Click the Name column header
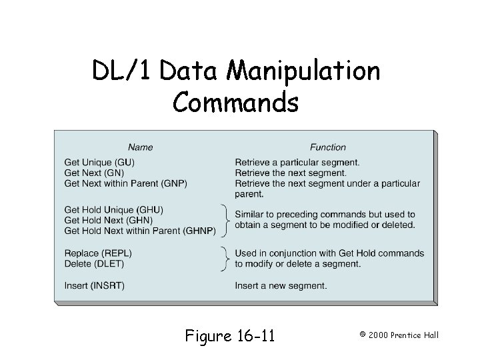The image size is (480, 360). tap(140, 147)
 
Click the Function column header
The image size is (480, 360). tap(327, 147)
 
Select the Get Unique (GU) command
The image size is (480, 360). tap(99, 162)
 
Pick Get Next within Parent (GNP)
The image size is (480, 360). tap(125, 183)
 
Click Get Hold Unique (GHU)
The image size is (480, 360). tap(113, 209)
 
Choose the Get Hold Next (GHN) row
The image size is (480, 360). tap(109, 220)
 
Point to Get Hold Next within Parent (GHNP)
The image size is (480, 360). tap(139, 231)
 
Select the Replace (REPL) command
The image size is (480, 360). tap(97, 253)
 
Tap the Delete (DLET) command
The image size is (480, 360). tap(94, 263)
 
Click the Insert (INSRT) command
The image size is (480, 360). tap(94, 286)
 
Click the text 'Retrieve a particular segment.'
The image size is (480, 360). tap(297, 162)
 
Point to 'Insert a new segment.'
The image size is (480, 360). tap(281, 286)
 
